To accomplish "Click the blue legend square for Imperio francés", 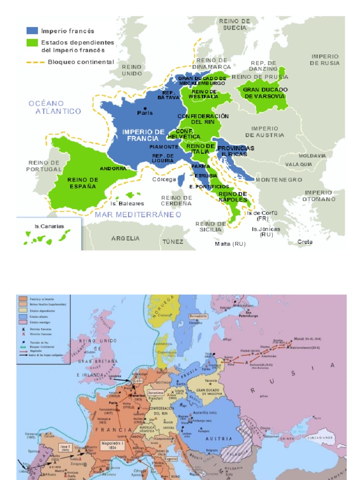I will [32, 31].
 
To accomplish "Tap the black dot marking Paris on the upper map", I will [145, 108].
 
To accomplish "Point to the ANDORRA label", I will [113, 168].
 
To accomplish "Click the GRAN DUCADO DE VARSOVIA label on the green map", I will [265, 93].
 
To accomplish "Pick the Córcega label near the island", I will [164, 179].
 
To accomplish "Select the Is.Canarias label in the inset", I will [49, 226].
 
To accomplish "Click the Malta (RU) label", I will [230, 244].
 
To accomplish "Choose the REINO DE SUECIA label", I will [235, 24].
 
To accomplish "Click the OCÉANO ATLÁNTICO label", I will [54, 107].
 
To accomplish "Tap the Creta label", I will [305, 242].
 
